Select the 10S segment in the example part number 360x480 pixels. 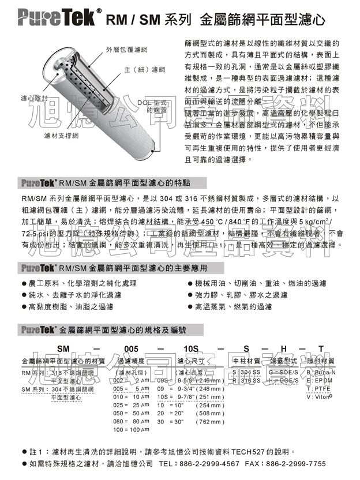191,348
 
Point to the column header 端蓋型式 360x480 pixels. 283,361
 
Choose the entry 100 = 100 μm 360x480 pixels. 127,429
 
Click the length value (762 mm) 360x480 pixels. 211,421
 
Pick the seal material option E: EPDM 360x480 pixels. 320,380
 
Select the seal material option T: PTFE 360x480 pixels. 318,389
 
